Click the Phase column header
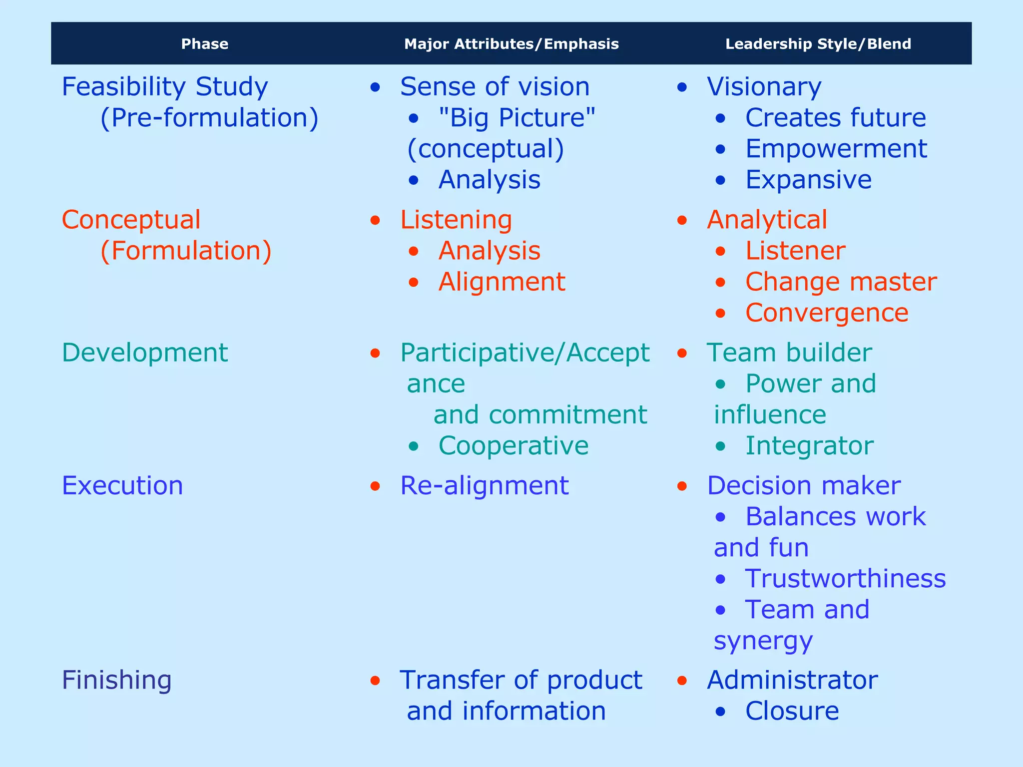tap(205, 44)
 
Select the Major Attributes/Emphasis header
tap(511, 44)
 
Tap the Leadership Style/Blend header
tap(818, 44)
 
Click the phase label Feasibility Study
tap(165, 87)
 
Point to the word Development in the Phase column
tap(145, 353)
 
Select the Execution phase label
tap(122, 486)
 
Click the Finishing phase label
tap(117, 680)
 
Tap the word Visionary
tap(764, 87)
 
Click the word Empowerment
tap(836, 149)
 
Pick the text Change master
tap(841, 282)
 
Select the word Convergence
tap(827, 313)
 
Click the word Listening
tap(456, 220)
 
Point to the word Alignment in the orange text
tap(502, 282)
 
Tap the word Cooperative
tap(513, 446)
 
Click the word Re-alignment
tap(485, 486)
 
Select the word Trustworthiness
tap(846, 579)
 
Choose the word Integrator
tap(809, 446)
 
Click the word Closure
tap(792, 711)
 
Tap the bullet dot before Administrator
tap(682, 681)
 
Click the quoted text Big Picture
tap(517, 118)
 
